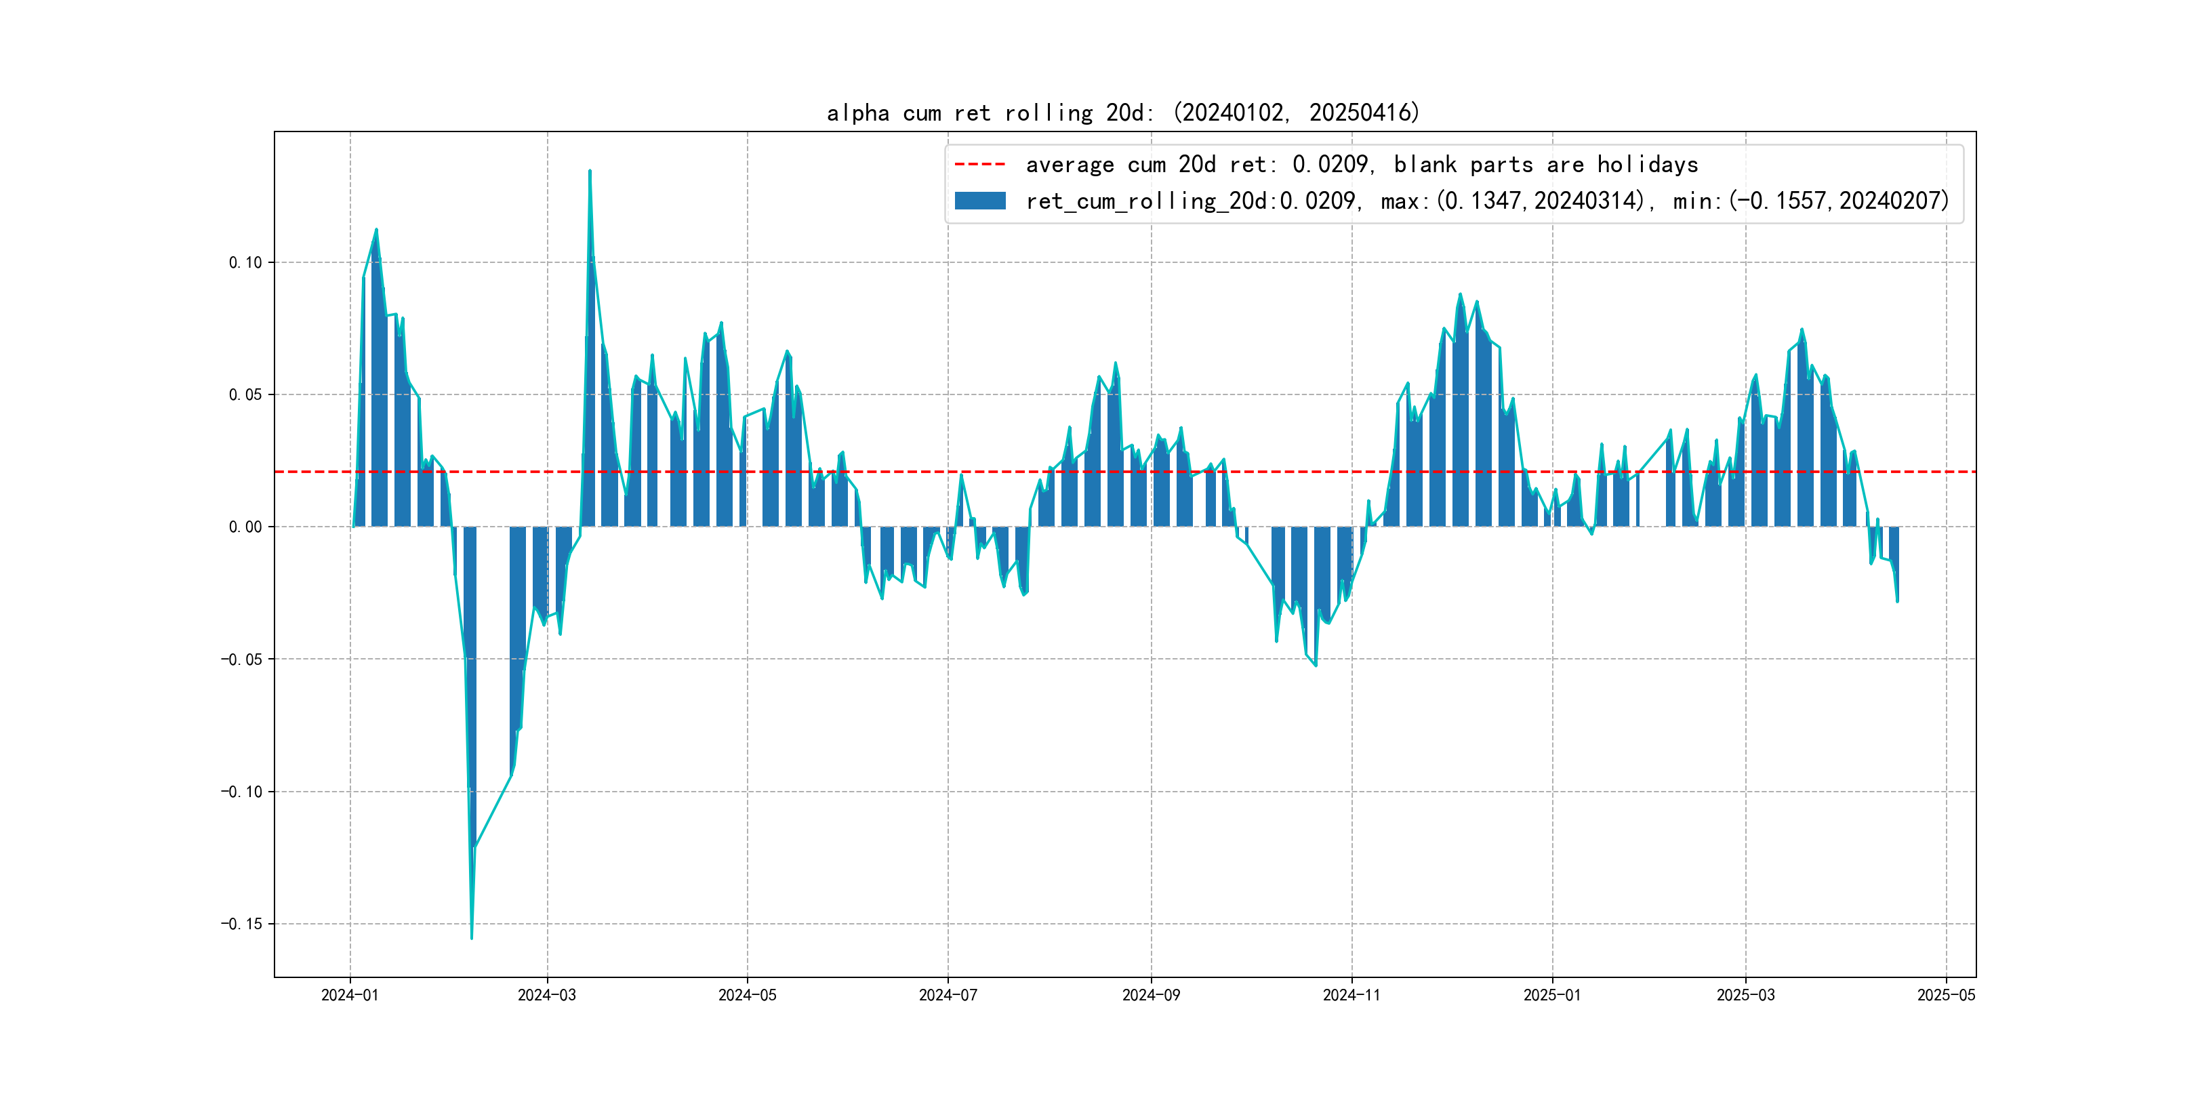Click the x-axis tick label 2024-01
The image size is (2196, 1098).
[350, 995]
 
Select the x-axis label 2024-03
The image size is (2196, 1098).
[546, 995]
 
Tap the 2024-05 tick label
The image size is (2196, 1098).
[747, 995]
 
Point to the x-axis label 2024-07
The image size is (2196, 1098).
[947, 995]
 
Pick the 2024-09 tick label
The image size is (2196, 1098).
[1151, 995]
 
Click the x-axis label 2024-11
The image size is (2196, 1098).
[1351, 995]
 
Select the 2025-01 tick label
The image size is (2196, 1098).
[1551, 995]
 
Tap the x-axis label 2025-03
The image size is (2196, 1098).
[1745, 995]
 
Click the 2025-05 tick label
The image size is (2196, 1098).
[1945, 995]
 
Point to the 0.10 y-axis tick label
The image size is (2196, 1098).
[245, 262]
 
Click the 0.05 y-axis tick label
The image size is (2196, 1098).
[245, 394]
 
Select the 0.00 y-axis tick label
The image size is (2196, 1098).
[245, 527]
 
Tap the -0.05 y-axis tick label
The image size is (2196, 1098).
[241, 659]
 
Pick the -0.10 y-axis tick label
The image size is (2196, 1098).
[241, 792]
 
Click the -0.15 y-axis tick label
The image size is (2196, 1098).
[241, 924]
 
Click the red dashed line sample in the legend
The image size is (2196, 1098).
[979, 163]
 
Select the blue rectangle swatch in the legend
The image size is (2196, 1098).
[979, 201]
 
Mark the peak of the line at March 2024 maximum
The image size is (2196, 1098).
[589, 171]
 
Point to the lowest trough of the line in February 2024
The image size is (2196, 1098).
[472, 939]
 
